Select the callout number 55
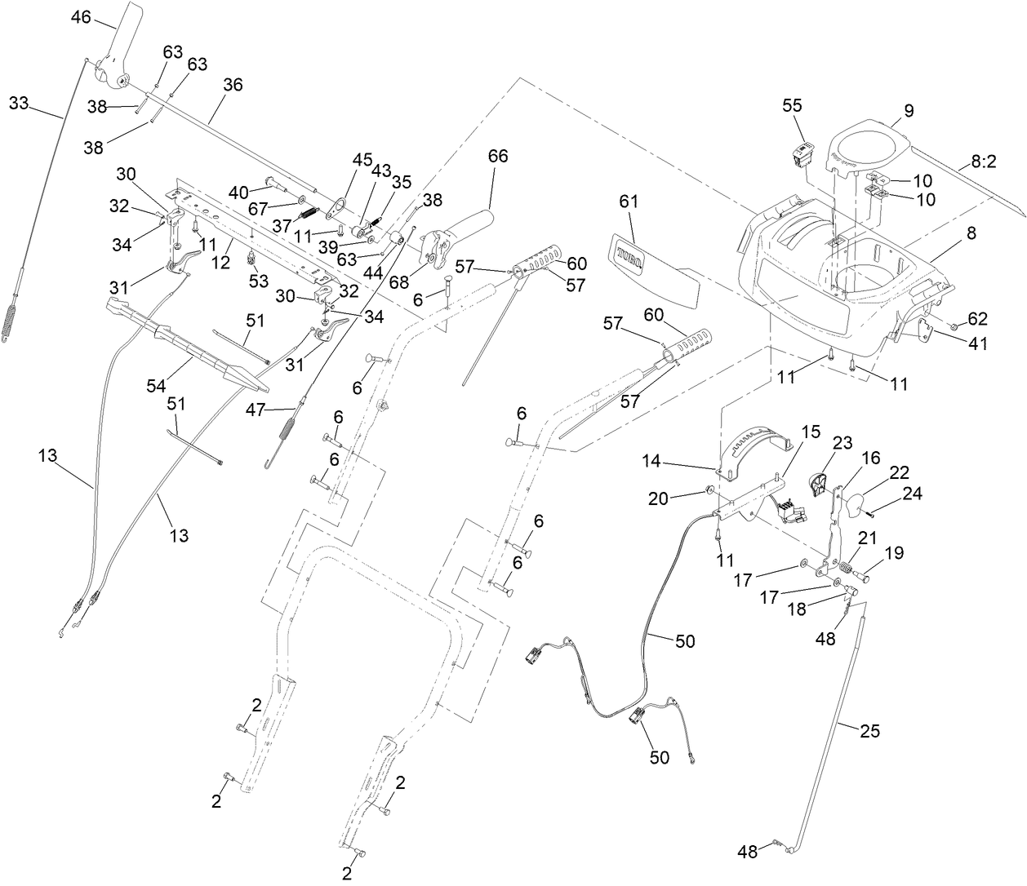click(792, 105)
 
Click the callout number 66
click(498, 156)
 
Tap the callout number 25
click(870, 731)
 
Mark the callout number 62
click(977, 318)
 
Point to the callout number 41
click(977, 343)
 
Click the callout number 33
click(19, 103)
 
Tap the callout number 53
click(259, 281)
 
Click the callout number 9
click(909, 111)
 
